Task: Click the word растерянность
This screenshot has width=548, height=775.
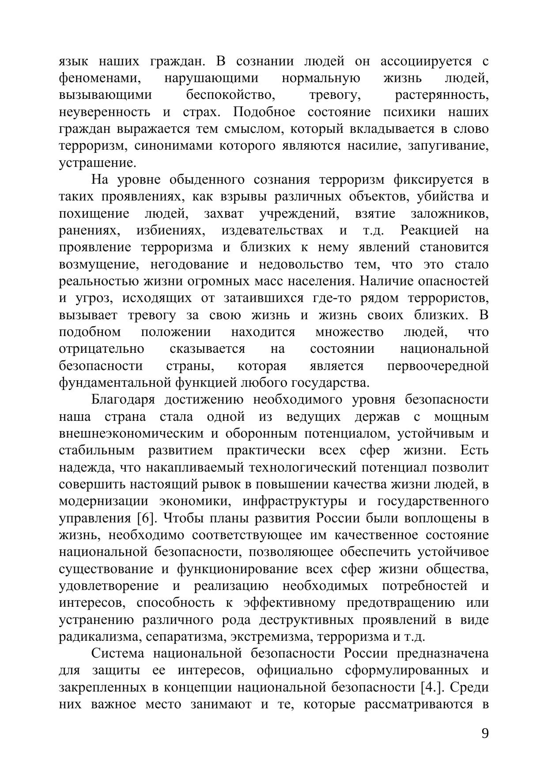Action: [x=442, y=95]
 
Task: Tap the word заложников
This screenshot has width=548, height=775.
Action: [x=450, y=214]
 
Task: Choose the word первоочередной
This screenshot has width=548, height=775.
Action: [x=438, y=366]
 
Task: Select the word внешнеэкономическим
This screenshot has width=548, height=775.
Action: [x=131, y=434]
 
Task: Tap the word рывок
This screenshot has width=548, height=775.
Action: [x=220, y=484]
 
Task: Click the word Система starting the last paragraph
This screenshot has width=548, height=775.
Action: [x=117, y=654]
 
